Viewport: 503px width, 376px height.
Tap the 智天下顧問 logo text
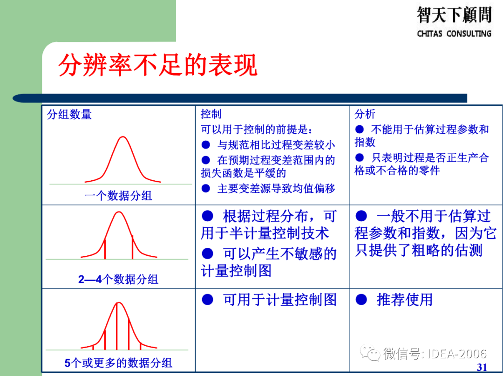454,15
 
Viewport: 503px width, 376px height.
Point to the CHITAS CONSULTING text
454,34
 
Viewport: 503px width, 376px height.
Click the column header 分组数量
69,115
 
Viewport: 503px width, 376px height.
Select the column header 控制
211,115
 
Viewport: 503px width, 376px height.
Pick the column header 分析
365,115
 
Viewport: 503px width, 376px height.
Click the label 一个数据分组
118,196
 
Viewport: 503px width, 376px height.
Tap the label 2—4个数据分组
118,280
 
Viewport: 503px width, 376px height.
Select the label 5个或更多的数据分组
118,363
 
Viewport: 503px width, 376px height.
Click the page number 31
482,367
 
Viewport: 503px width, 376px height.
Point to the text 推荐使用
404,300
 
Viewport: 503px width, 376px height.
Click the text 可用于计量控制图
279,300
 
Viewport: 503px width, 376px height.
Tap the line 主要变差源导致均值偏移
276,188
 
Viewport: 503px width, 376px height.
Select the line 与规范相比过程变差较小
276,145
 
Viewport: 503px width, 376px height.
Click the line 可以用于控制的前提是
256,129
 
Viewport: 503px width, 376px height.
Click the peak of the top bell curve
122,137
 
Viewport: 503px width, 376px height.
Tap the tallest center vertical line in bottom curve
116,326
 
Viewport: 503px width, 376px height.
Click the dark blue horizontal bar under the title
240,98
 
